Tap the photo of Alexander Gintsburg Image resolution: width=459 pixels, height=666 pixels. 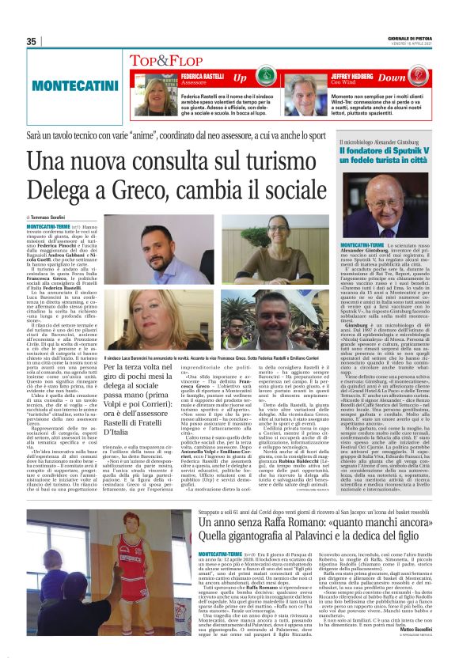[x=391, y=210]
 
